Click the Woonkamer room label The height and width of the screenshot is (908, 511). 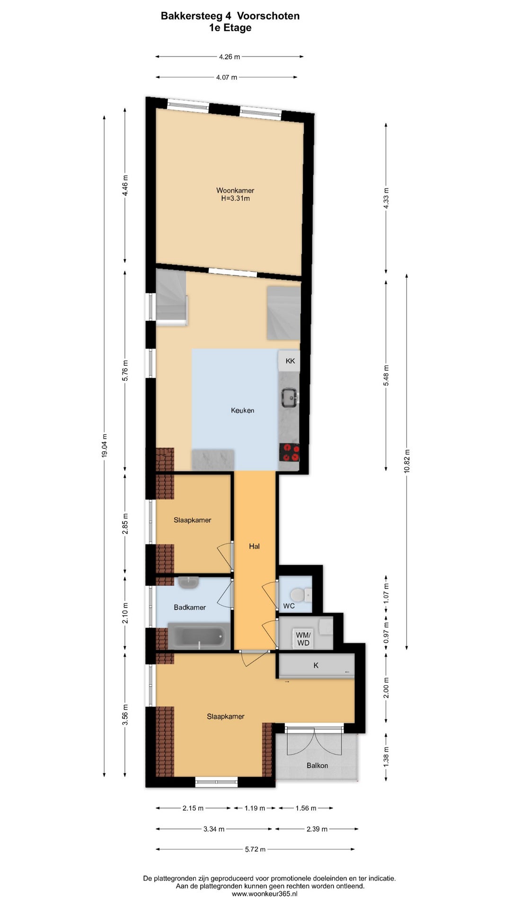(x=235, y=191)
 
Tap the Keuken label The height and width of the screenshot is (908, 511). (x=243, y=410)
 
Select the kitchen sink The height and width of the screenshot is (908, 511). (x=290, y=397)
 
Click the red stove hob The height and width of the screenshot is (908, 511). (x=290, y=452)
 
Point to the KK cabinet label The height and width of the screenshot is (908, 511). (x=290, y=361)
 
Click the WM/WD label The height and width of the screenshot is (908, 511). (x=303, y=639)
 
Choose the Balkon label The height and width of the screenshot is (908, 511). (x=317, y=765)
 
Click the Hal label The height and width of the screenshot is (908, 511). (x=255, y=546)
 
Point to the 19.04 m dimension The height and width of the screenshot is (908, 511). (x=105, y=445)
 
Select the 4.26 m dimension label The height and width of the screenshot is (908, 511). (x=229, y=57)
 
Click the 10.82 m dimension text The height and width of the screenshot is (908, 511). (x=407, y=462)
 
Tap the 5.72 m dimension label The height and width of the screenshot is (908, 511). (x=255, y=849)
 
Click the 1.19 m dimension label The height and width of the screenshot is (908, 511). (x=255, y=808)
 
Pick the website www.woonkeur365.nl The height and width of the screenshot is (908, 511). (x=264, y=894)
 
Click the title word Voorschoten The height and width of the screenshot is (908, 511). (x=268, y=16)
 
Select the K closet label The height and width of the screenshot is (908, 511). (x=316, y=665)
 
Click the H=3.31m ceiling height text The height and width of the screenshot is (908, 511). (x=236, y=199)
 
